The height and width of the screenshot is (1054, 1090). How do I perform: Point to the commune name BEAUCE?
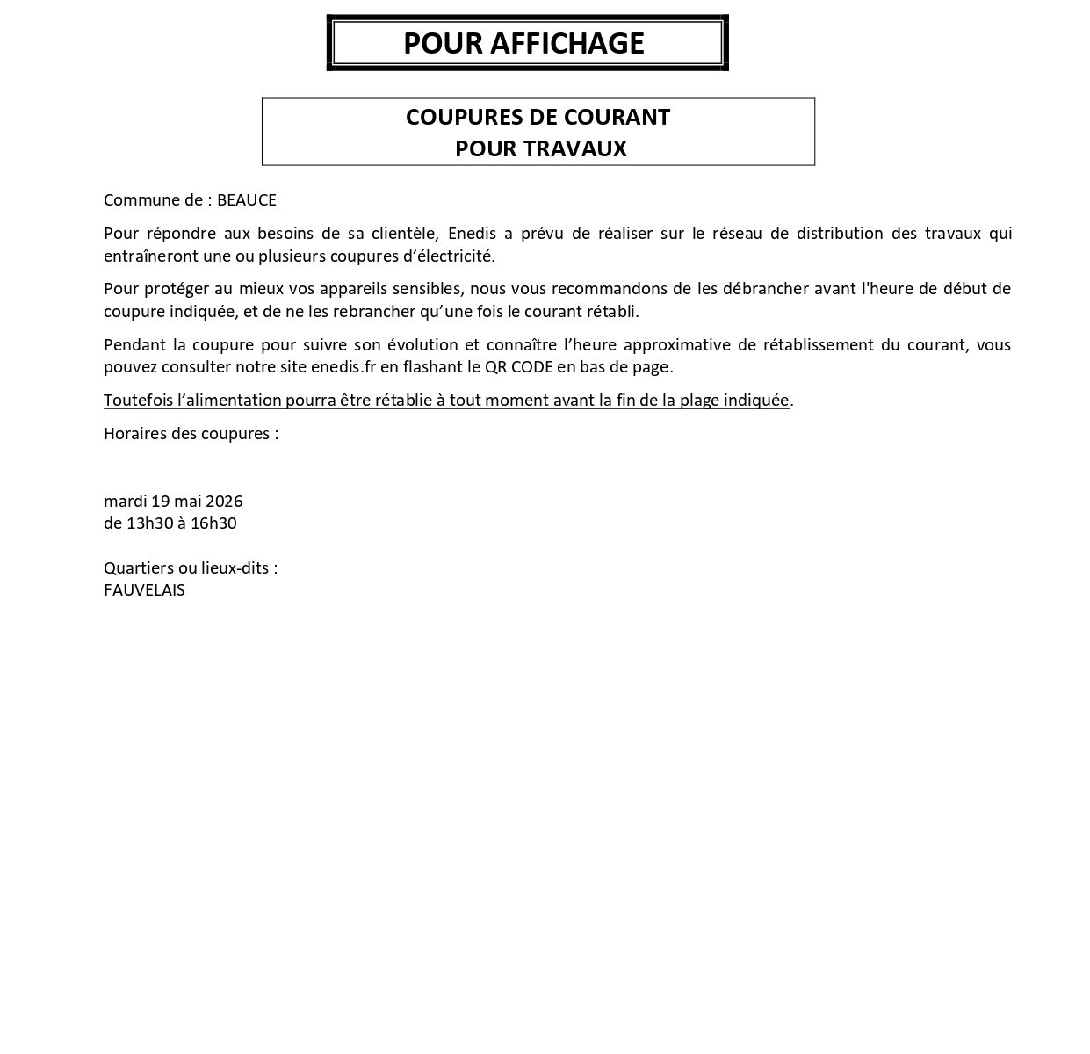click(247, 200)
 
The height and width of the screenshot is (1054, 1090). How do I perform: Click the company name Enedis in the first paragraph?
click(473, 234)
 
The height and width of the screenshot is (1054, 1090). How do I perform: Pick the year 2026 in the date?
click(224, 502)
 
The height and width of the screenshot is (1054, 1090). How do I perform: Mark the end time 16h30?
click(213, 523)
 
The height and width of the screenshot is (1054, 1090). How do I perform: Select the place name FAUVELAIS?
click(144, 590)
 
